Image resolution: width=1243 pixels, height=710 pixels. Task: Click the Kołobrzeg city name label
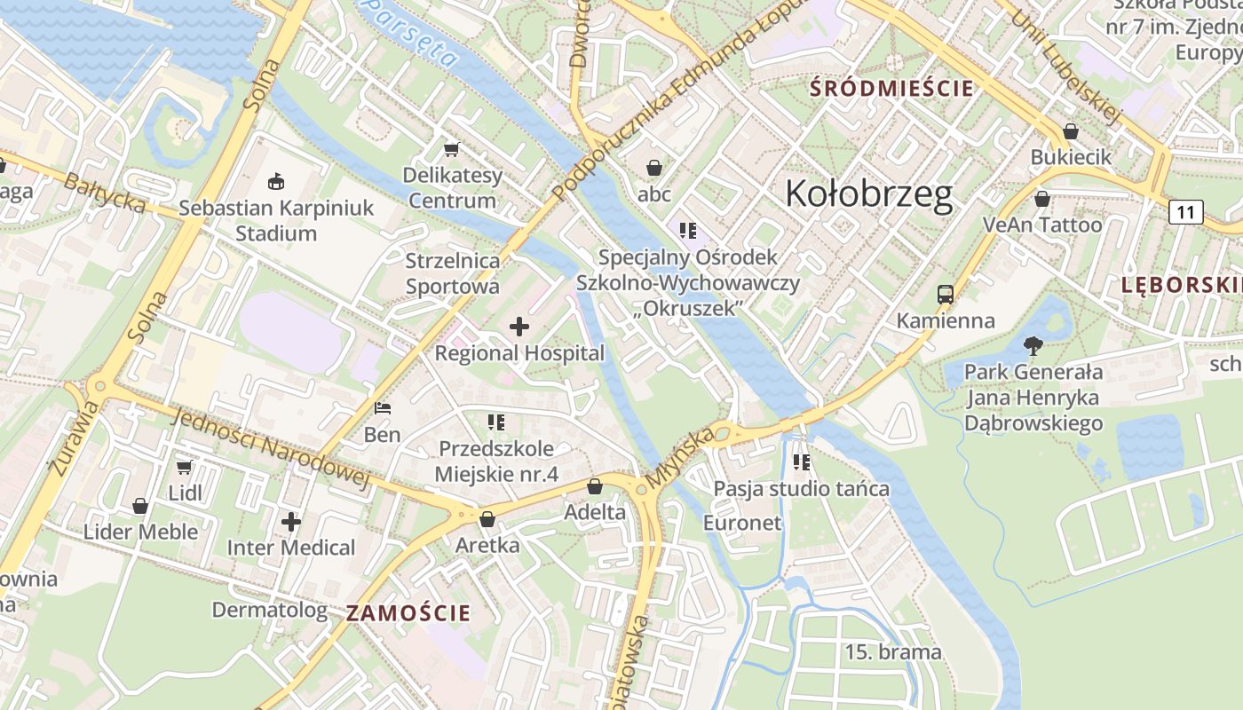(869, 193)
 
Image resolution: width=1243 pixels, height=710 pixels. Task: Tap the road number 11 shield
(1185, 212)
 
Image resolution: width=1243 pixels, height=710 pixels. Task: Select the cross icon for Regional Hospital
(519, 327)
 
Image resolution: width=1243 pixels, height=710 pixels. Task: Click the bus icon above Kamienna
(946, 294)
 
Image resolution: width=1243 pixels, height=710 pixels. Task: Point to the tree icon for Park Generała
(1033, 345)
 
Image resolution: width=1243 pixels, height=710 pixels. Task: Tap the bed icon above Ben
(383, 408)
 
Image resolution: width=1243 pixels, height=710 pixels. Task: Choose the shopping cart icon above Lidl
(185, 467)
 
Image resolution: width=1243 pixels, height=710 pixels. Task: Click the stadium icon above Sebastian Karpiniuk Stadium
(276, 181)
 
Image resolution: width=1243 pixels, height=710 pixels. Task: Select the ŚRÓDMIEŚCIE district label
(892, 89)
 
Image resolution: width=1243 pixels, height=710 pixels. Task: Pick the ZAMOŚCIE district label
(408, 612)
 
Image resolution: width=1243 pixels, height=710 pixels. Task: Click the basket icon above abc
(654, 167)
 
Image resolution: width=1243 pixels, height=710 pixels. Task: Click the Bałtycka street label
(105, 192)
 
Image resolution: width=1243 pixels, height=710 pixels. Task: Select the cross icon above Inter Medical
(291, 521)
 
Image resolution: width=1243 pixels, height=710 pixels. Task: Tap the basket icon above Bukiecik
(1071, 130)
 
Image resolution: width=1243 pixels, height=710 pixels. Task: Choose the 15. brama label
(892, 652)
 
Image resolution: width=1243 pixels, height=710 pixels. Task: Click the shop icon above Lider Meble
(140, 506)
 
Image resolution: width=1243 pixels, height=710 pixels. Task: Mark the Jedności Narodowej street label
(271, 450)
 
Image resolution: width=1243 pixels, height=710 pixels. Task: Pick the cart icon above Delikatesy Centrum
(452, 148)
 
